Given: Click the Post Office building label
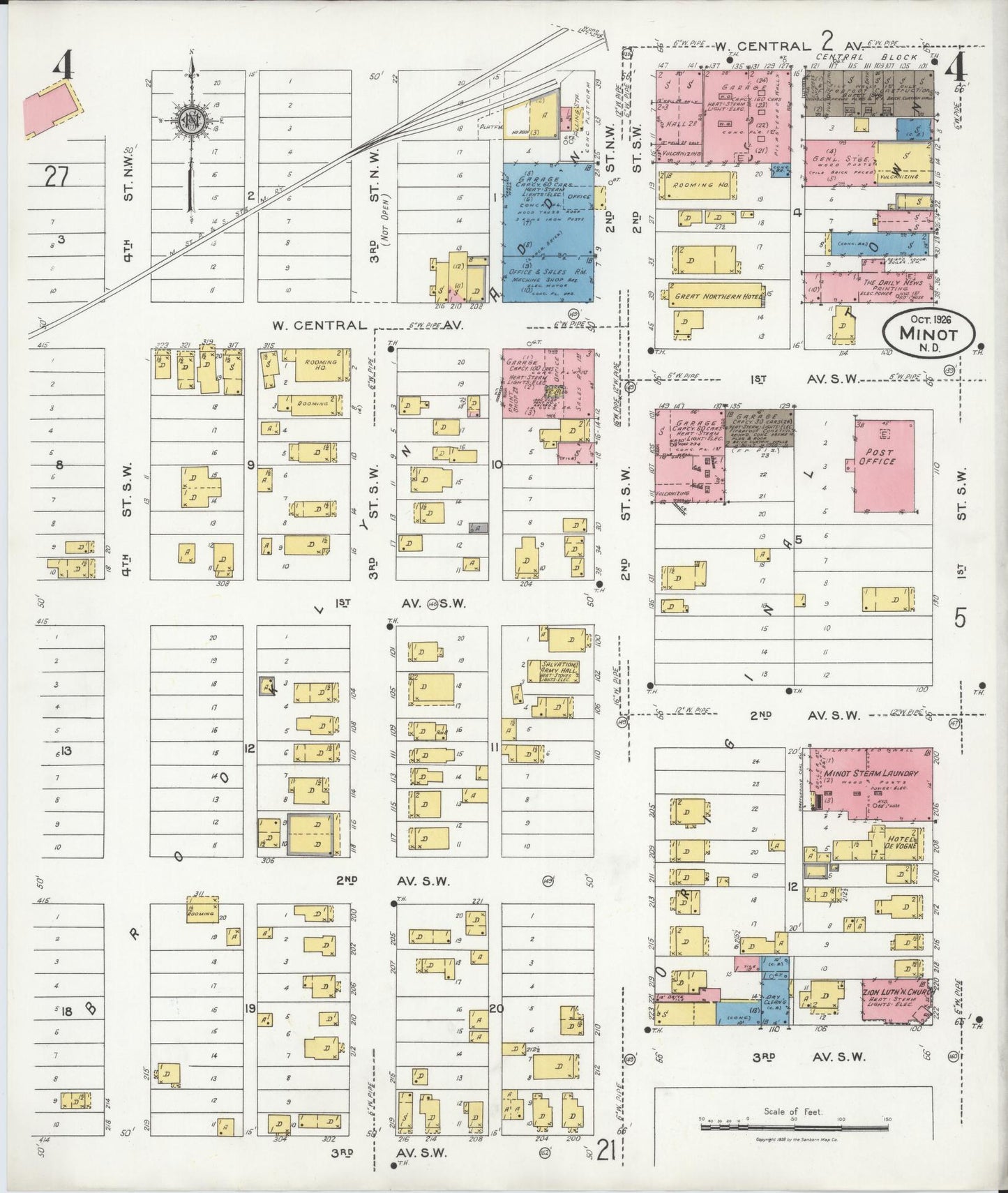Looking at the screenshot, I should coord(877,457).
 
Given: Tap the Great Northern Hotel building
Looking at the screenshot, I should coord(715,297).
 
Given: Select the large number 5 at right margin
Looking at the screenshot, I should coord(961,618).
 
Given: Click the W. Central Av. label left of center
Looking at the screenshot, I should coord(319,325).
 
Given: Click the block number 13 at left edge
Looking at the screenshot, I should coord(67,751).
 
